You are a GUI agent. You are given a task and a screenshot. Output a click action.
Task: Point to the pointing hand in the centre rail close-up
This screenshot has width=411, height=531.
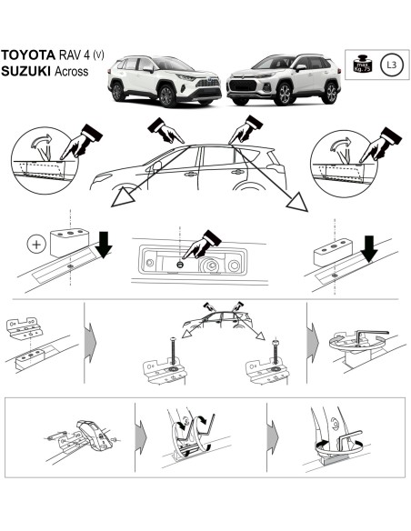pyautogui.click(x=195, y=244)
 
